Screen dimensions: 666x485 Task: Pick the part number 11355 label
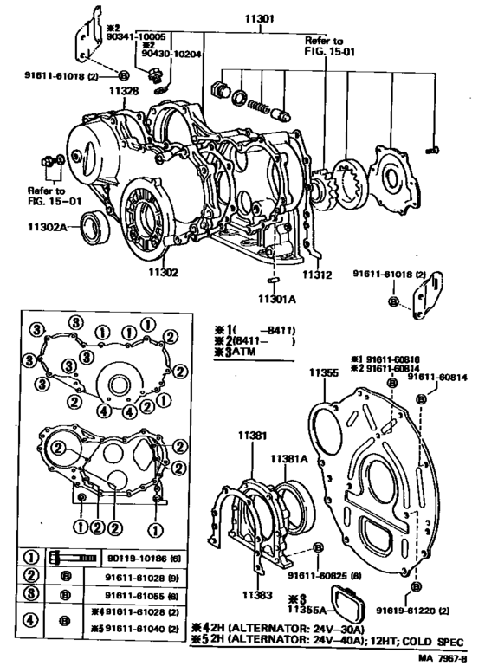(322, 374)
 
